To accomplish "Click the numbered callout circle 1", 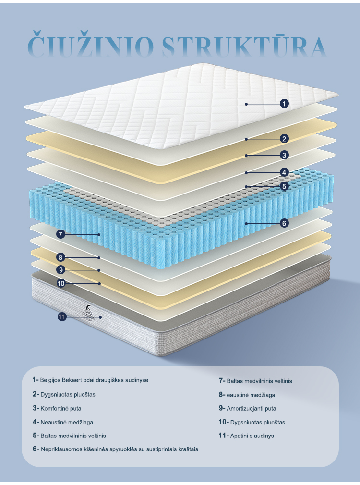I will (x=284, y=103).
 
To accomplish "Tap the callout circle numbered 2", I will (x=284, y=139).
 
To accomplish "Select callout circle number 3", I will (x=284, y=155).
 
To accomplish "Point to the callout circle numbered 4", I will (x=284, y=172).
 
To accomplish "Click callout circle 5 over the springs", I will (x=284, y=186).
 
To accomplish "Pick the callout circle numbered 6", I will (x=284, y=223).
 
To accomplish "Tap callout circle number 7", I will (x=60, y=234).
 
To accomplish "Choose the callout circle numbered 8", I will (x=60, y=257).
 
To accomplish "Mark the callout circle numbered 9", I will (x=60, y=270).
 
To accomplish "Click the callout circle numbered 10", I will (x=60, y=283).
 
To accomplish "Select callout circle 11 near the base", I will (x=61, y=316).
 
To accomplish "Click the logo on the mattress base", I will (x=87, y=313).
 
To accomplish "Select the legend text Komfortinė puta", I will (x=64, y=408).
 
